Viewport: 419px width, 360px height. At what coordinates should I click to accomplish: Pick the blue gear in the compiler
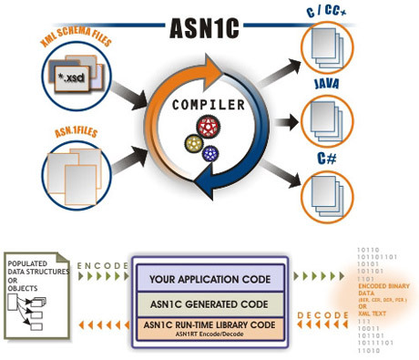point(212,152)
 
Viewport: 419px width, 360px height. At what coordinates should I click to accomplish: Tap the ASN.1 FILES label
point(59,131)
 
